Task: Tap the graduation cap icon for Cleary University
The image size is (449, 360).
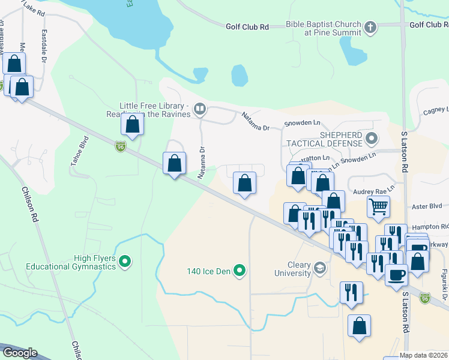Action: pos(321,267)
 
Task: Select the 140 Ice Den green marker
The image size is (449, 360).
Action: pos(240,271)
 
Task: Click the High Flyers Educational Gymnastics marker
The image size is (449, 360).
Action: pos(125,262)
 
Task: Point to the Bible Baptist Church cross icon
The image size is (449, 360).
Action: pos(370,26)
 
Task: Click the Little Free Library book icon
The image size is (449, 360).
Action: pos(200,109)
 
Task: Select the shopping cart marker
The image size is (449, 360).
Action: pos(378,208)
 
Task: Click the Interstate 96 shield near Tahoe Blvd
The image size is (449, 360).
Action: pos(121,146)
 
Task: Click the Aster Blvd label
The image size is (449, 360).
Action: pos(428,206)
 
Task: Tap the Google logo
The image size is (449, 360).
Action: pos(20,352)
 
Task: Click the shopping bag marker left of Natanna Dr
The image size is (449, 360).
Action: pos(174,163)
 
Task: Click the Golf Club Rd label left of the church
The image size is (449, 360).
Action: pos(247,27)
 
